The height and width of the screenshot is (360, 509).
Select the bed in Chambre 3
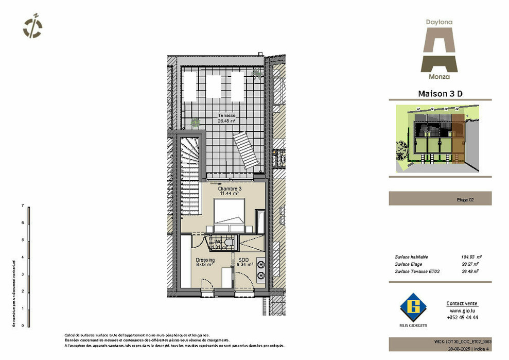click(x=230, y=216)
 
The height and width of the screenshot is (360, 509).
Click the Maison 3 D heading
click(x=439, y=94)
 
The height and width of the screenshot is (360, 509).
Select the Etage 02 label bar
click(x=440, y=199)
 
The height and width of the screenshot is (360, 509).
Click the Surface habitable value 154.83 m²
click(x=471, y=256)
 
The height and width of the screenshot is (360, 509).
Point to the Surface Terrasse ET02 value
click(x=470, y=271)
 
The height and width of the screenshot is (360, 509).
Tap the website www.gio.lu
click(x=462, y=311)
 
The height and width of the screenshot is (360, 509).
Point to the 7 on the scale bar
click(x=23, y=205)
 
